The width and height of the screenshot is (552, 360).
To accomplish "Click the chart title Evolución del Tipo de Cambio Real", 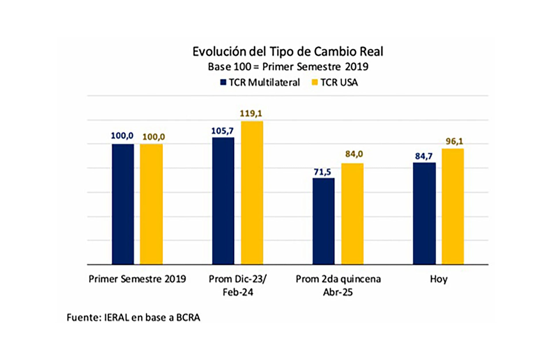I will (x=288, y=52).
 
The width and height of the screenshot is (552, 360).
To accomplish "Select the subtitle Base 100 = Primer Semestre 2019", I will (x=288, y=67).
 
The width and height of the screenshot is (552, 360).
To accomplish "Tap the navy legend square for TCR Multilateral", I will (x=223, y=83).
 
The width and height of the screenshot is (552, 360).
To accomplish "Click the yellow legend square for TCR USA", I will (x=315, y=83).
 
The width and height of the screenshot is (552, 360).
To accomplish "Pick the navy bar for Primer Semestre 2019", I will (x=123, y=204).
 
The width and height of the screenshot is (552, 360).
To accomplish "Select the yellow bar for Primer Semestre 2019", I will (x=151, y=204).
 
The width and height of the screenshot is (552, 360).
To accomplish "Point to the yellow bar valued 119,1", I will (x=252, y=193).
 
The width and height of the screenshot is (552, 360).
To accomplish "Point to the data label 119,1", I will (x=251, y=114).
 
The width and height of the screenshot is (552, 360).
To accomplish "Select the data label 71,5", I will (x=322, y=172).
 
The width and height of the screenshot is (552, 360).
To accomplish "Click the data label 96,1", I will (x=454, y=141).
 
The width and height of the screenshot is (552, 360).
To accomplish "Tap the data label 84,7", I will (x=423, y=156).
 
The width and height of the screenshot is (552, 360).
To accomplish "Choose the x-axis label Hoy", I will (x=438, y=279).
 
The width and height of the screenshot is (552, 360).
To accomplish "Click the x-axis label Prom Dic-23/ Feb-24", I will (x=238, y=285).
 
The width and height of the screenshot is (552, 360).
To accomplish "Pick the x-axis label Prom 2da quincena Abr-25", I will (x=338, y=285).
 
